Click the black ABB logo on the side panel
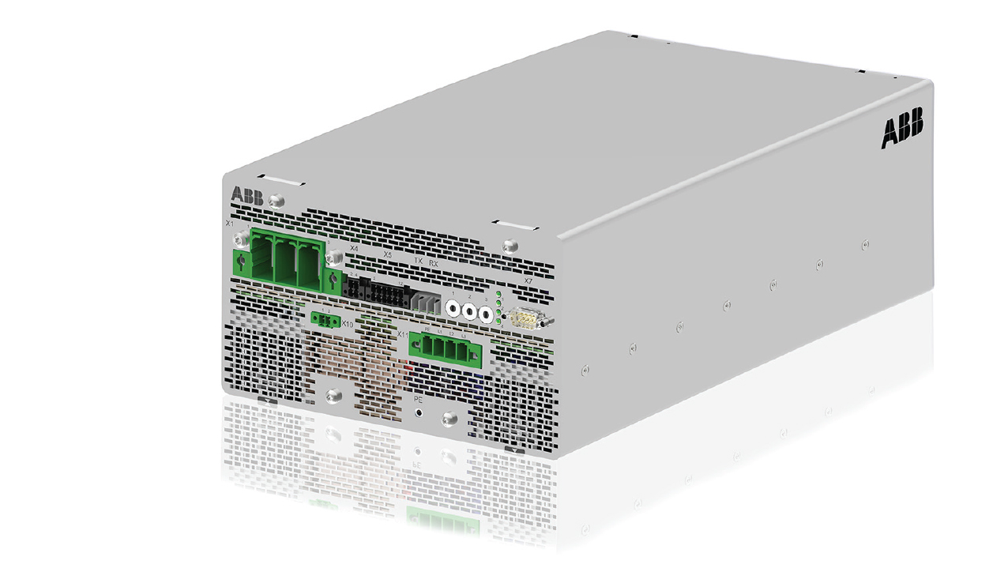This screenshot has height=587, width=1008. click(x=901, y=130)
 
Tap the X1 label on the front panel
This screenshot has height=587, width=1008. click(x=230, y=224)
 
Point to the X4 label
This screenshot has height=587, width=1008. click(x=354, y=248)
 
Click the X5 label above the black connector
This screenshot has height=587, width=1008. click(x=387, y=255)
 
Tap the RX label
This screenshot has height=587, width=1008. click(x=433, y=262)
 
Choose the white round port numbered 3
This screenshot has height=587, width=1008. click(x=486, y=315)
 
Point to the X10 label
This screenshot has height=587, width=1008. click(x=347, y=323)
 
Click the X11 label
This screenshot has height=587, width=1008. click(x=403, y=336)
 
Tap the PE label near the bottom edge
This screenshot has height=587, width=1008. click(x=419, y=401)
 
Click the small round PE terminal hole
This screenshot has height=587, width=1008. click(x=419, y=412)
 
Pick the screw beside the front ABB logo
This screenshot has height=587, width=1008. click(x=276, y=201)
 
